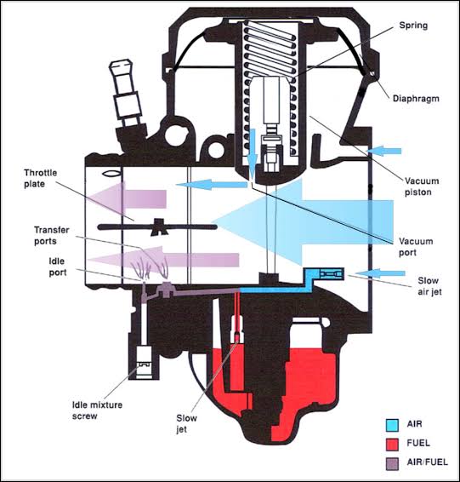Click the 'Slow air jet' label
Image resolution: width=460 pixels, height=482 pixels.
[x=417, y=287]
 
